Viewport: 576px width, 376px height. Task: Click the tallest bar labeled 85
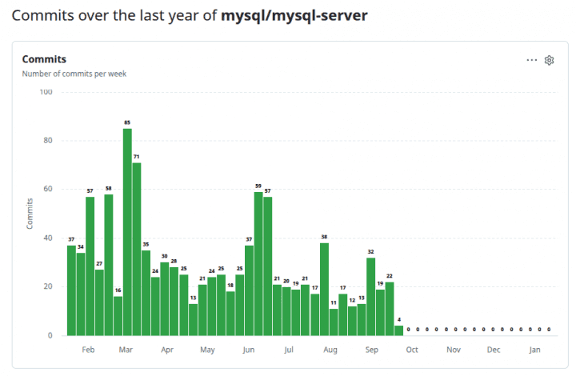(x=127, y=232)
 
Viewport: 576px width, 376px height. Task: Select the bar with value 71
(x=137, y=249)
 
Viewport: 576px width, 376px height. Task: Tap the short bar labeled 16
(x=118, y=316)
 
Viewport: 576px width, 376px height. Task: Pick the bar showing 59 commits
(x=258, y=263)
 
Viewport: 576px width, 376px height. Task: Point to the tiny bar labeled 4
(x=398, y=330)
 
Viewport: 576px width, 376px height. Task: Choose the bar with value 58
(x=109, y=265)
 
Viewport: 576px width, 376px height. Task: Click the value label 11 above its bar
(x=334, y=302)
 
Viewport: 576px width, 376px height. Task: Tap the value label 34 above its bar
(x=81, y=246)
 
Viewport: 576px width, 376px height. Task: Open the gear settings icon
(x=550, y=60)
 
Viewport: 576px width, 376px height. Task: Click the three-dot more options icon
(x=532, y=60)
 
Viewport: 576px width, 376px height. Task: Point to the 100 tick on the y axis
(x=46, y=92)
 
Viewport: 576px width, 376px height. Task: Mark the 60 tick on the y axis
(x=48, y=190)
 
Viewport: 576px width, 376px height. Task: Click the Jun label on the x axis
(x=249, y=350)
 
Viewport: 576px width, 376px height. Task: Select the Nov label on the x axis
(x=454, y=350)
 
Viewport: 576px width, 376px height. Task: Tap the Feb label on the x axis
(x=88, y=350)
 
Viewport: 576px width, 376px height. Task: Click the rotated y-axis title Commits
(x=30, y=214)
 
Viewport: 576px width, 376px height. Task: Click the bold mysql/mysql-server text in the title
(x=294, y=15)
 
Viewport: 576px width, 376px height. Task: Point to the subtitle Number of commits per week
(x=74, y=74)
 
